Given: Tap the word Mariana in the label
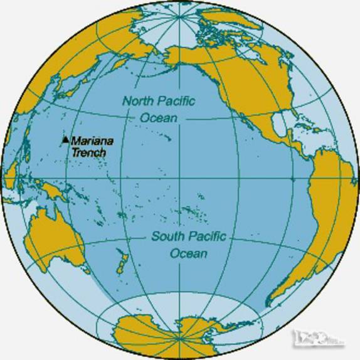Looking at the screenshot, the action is [x=88, y=142].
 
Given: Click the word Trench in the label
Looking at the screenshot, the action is [x=88, y=152].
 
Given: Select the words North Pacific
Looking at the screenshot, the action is [x=159, y=101].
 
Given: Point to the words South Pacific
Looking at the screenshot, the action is [x=188, y=237].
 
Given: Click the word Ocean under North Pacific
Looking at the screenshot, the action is [x=159, y=117].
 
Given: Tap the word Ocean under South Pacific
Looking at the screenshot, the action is [x=188, y=253].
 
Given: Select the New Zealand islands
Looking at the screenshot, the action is [x=120, y=261].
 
